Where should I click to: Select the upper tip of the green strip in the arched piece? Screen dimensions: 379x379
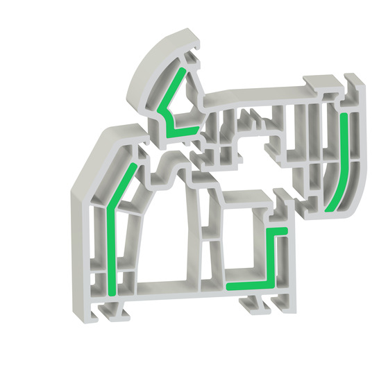click(x=183, y=70)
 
